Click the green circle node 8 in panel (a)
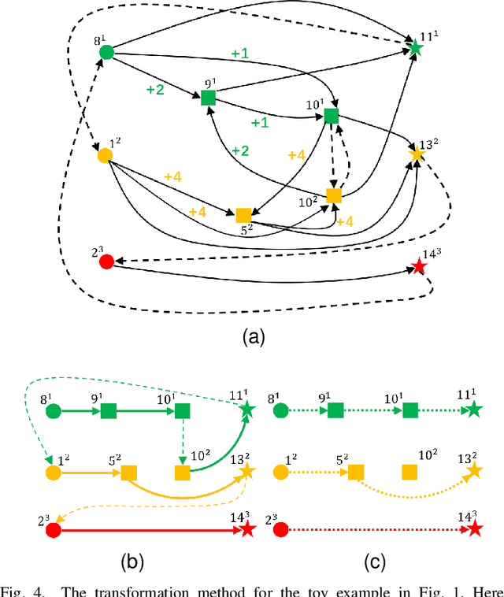107,53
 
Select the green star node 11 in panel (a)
416,49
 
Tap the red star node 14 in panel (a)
419,267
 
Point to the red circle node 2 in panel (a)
106,261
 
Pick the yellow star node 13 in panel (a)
417,156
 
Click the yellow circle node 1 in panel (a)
104,155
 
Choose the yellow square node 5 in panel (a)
243,215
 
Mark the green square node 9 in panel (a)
208,98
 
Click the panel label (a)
252,337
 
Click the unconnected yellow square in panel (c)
409,473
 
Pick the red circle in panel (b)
54,531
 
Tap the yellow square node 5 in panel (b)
128,473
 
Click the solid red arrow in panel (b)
150,531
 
